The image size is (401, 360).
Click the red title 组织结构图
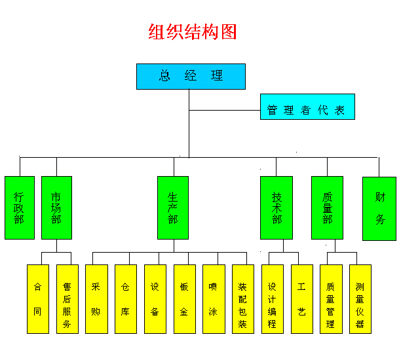click(192, 32)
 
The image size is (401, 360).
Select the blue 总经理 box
click(191, 76)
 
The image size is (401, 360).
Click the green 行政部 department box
click(19, 207)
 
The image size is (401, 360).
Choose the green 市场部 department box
click(56, 207)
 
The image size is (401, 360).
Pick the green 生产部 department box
click(172, 207)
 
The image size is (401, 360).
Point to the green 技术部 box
click(276, 207)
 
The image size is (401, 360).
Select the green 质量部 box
click(327, 207)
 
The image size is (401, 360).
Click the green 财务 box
click(379, 208)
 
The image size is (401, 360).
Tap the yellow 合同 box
click(37, 298)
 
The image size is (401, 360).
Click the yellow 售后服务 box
click(67, 298)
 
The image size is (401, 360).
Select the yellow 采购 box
click(96, 298)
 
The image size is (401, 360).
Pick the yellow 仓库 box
click(125, 298)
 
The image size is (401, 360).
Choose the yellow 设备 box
click(155, 298)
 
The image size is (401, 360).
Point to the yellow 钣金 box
click(184, 298)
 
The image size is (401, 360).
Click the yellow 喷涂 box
click(213, 298)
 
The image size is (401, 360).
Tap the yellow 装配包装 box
click(242, 298)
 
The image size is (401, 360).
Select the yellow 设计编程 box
click(272, 298)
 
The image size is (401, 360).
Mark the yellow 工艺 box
click(301, 298)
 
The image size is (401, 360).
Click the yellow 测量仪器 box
click(360, 298)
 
